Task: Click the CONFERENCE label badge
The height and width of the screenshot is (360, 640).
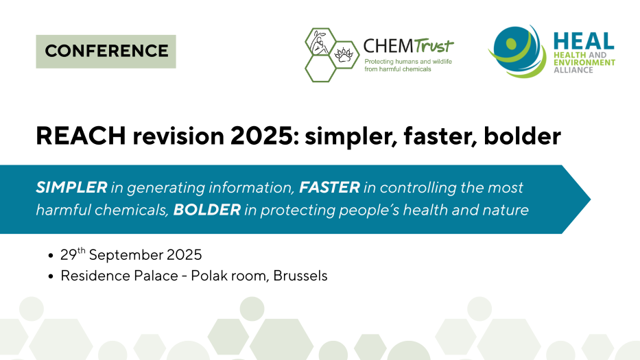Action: (x=106, y=51)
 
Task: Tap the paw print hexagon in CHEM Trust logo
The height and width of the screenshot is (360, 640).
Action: (x=344, y=55)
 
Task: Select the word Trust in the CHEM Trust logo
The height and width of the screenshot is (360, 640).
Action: (x=434, y=46)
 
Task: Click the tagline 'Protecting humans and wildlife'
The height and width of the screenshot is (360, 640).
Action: (x=408, y=62)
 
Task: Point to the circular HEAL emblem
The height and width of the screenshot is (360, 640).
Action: (x=517, y=51)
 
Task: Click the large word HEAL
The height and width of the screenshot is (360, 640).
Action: (x=584, y=41)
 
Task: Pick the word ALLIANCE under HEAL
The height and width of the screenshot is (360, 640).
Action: (x=573, y=70)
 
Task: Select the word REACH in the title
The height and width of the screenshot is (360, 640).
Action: (x=81, y=136)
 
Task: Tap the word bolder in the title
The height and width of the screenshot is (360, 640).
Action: (x=522, y=136)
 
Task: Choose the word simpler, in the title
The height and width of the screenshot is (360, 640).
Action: (x=351, y=136)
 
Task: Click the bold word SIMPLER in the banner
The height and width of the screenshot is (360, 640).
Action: (x=71, y=187)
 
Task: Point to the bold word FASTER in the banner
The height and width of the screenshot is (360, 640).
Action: (x=329, y=187)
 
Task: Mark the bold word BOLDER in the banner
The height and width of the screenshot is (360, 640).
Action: (x=207, y=210)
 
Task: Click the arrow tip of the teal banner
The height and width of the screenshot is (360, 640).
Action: (x=590, y=199)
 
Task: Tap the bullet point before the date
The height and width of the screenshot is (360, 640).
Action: (x=51, y=256)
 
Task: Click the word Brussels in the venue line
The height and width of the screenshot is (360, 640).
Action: (x=300, y=276)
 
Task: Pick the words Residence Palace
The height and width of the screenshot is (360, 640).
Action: (x=119, y=276)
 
